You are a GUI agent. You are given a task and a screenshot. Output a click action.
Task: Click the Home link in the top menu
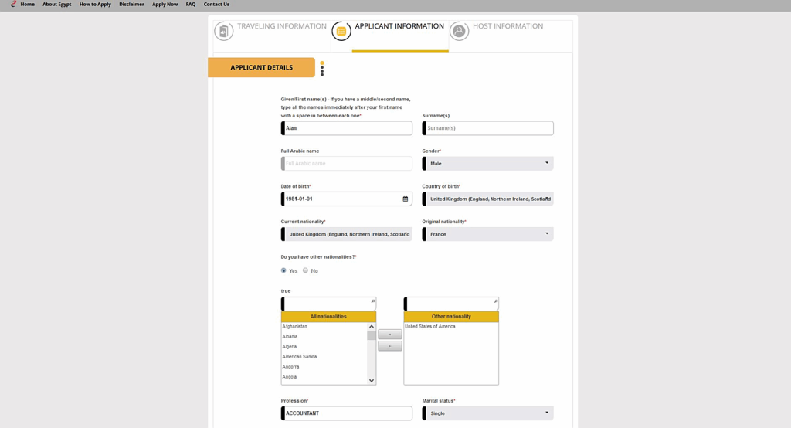tap(27, 5)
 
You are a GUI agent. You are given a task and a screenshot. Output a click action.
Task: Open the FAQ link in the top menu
tap(191, 5)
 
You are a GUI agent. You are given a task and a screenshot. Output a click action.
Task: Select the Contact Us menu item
tap(216, 5)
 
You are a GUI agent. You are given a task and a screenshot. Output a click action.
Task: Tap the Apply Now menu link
tap(165, 5)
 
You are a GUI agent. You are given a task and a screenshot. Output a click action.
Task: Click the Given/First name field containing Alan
tap(347, 128)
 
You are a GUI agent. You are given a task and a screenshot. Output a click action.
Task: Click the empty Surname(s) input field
tap(488, 128)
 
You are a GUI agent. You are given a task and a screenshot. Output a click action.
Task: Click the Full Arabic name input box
tap(347, 164)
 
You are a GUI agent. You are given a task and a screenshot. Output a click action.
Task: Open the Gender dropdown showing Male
tap(488, 164)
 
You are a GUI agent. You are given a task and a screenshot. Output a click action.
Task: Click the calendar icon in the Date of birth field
tap(406, 199)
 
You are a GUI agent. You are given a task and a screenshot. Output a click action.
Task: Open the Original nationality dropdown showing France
tap(488, 234)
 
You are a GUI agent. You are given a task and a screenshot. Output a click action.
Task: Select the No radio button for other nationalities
tap(306, 270)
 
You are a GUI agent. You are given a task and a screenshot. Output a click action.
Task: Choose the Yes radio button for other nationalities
tap(284, 270)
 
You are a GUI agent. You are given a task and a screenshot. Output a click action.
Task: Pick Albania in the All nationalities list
tap(290, 337)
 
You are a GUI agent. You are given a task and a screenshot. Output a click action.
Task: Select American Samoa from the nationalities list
tap(300, 357)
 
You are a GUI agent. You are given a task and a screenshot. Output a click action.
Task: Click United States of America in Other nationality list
tap(430, 327)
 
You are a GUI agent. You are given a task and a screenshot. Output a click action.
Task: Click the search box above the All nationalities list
tap(328, 304)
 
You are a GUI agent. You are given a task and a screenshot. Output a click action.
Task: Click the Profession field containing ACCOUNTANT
tap(347, 413)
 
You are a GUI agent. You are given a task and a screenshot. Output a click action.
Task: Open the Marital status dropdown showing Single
tap(488, 413)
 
